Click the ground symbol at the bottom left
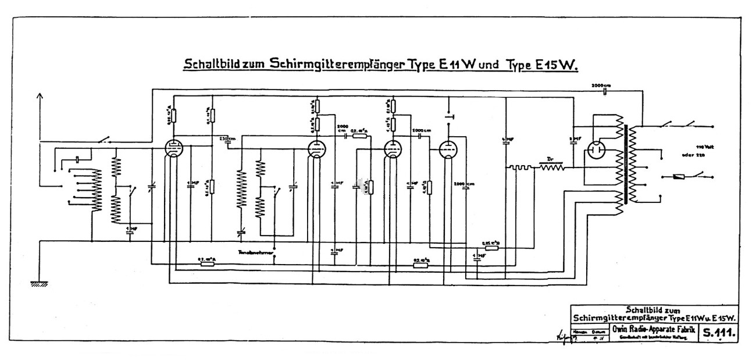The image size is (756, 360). [x=40, y=284]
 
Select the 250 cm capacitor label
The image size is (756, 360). [x=227, y=138]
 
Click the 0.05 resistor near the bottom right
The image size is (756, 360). [x=492, y=247]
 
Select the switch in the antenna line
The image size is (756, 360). [x=105, y=140]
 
